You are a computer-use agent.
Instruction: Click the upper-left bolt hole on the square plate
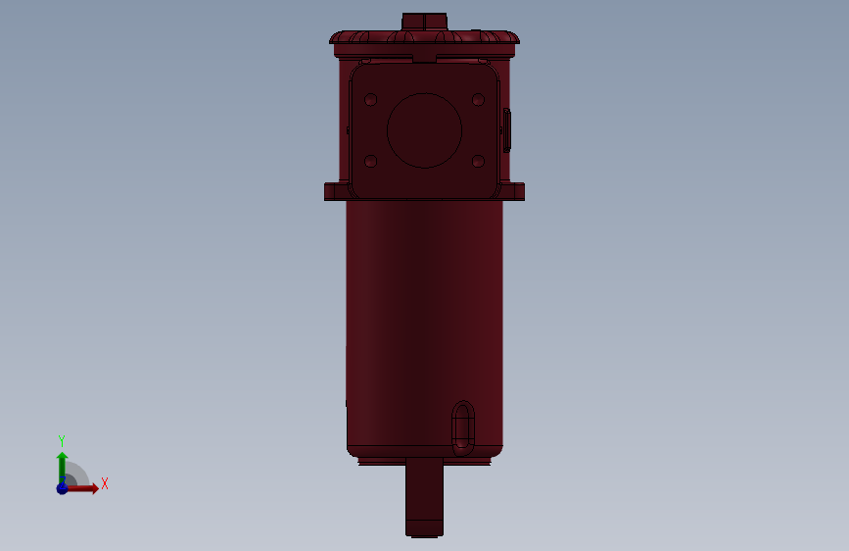(x=371, y=100)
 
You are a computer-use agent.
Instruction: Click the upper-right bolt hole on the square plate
(x=478, y=100)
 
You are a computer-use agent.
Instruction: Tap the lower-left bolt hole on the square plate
(x=371, y=161)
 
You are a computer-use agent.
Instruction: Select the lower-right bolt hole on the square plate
(x=478, y=161)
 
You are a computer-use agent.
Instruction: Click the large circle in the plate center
(x=425, y=130)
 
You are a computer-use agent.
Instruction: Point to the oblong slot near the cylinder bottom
(x=463, y=427)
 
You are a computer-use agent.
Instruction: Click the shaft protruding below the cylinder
(x=425, y=497)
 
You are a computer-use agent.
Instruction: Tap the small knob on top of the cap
(x=425, y=22)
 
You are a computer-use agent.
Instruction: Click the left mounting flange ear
(x=336, y=191)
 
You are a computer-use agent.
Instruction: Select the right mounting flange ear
(x=513, y=191)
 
